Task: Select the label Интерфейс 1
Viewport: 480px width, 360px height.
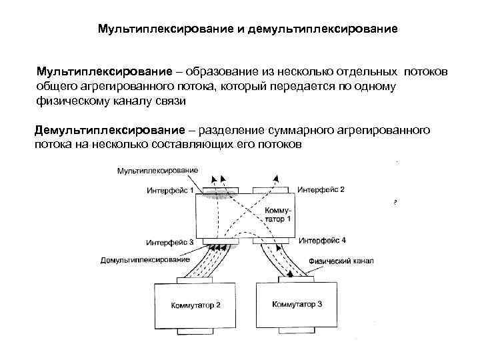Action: coord(170,189)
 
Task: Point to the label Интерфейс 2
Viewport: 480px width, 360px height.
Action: coord(321,189)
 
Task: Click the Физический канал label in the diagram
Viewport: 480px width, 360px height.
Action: coord(341,261)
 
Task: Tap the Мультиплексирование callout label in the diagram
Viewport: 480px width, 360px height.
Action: coord(157,171)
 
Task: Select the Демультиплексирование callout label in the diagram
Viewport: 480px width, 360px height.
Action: coord(145,259)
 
